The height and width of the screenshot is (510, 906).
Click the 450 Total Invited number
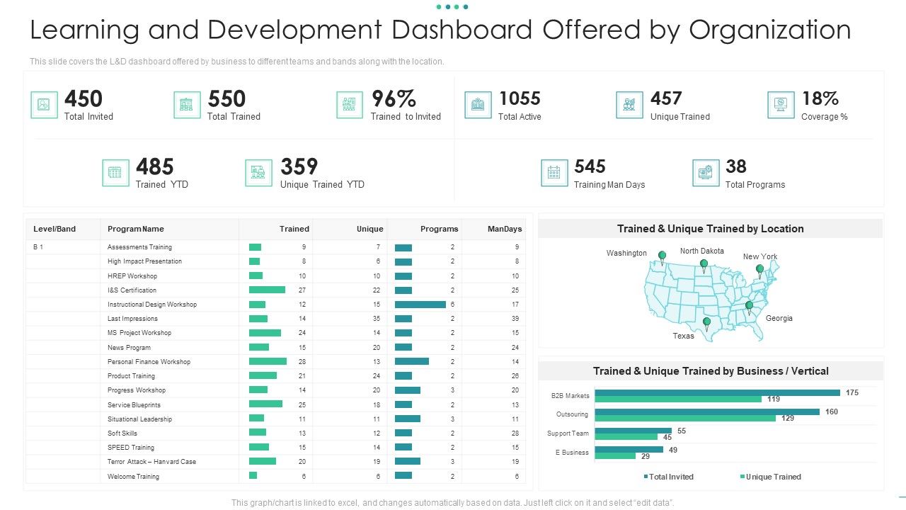click(x=84, y=98)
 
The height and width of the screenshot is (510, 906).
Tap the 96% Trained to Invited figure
click(x=394, y=98)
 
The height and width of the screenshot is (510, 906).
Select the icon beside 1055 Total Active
click(x=478, y=105)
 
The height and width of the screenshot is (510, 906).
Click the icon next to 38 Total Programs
click(x=706, y=173)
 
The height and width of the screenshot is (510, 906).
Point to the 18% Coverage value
click(x=820, y=98)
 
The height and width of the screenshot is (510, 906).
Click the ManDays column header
click(x=505, y=229)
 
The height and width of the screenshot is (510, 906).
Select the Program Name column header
click(x=136, y=229)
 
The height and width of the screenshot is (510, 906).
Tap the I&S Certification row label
click(x=132, y=290)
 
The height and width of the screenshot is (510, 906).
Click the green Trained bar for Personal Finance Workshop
click(x=268, y=361)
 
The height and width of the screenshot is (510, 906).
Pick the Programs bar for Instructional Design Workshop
click(x=420, y=305)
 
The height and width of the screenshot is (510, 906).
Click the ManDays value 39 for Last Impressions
click(x=515, y=319)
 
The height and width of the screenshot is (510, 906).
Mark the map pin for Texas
click(x=706, y=323)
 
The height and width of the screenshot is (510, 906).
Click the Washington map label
click(x=626, y=253)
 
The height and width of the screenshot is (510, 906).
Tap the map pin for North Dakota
click(x=704, y=265)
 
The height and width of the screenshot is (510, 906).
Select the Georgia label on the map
click(x=779, y=318)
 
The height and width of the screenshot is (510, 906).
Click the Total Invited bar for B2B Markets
click(x=717, y=392)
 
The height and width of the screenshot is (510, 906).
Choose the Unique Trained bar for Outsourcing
click(x=685, y=418)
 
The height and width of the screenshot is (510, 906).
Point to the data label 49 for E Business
click(x=672, y=450)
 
